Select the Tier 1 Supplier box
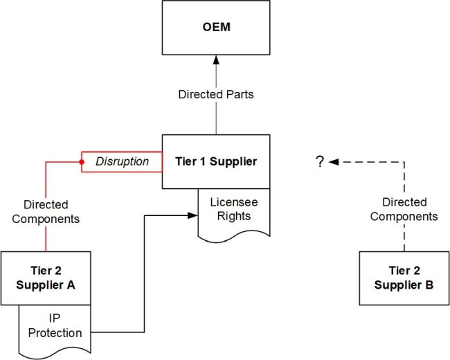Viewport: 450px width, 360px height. (x=216, y=161)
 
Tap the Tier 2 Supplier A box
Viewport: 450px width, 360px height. (x=45, y=278)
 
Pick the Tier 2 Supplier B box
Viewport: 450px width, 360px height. (x=404, y=278)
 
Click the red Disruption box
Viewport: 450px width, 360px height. (x=122, y=161)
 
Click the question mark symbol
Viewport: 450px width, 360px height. (x=320, y=162)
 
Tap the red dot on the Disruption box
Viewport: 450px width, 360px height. (x=82, y=162)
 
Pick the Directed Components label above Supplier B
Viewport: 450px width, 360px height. (x=404, y=209)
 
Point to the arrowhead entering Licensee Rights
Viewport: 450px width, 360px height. (x=194, y=215)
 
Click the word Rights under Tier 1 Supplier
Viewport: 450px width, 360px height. (x=226, y=216)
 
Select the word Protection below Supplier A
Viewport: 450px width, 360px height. (x=55, y=333)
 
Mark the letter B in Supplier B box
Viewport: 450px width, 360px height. (x=429, y=284)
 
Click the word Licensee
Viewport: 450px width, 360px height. (x=226, y=203)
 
